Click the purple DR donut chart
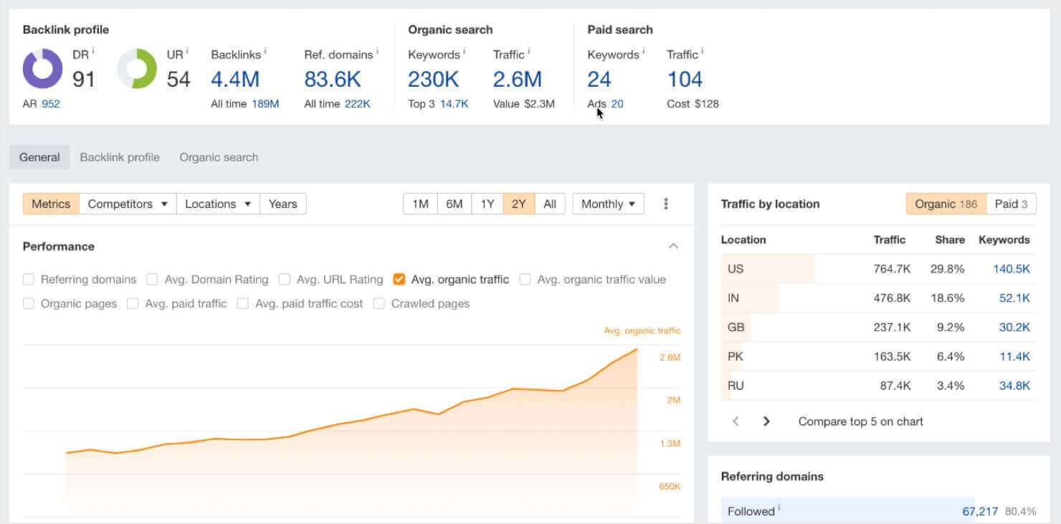pos(42,69)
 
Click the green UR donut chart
pos(137,69)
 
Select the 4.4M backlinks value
pos(235,79)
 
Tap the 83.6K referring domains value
pos(333,79)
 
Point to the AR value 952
pos(50,104)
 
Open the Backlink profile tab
pos(120,157)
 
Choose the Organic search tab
pos(219,157)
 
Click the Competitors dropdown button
pos(128,204)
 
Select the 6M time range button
pos(454,204)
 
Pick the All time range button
pos(550,204)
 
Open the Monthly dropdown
pos(608,204)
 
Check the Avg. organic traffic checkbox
pos(399,280)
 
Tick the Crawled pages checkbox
pos(379,303)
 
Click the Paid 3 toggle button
pos(1011,204)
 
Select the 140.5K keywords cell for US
pos(1011,269)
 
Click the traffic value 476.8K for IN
pos(892,298)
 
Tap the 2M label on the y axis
pos(673,400)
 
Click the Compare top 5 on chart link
pos(860,421)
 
